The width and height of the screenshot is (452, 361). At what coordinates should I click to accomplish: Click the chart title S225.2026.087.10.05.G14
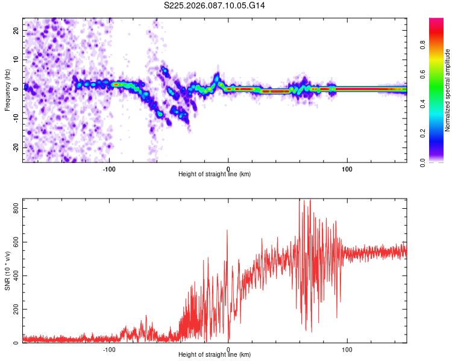tap(215, 5)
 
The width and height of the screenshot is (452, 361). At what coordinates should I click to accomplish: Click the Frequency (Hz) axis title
tap(7, 90)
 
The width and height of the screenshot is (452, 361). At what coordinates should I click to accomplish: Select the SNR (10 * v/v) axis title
tap(7, 271)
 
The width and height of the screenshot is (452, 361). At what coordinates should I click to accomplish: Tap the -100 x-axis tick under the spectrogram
tap(109, 168)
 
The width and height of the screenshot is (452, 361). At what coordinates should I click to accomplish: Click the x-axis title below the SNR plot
tap(215, 355)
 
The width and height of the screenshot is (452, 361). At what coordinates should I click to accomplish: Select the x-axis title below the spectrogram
tap(215, 174)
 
